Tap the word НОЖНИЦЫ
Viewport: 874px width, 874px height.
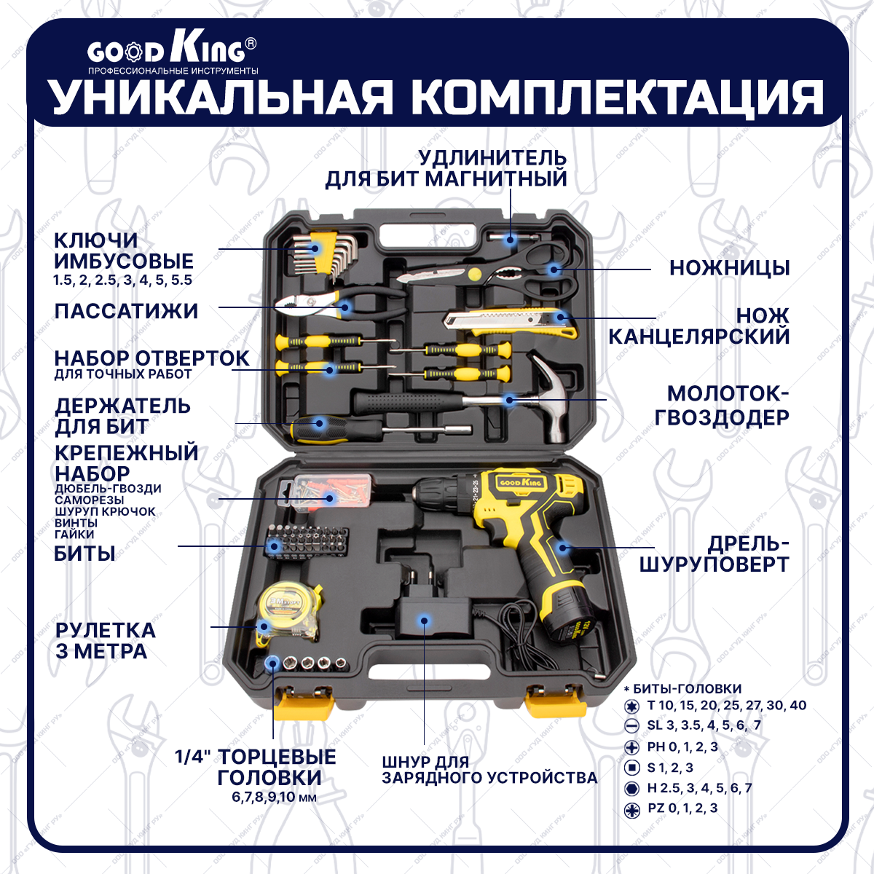[x=729, y=268]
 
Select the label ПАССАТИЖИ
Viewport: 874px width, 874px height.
[x=126, y=311]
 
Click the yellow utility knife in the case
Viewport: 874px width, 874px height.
[x=510, y=323]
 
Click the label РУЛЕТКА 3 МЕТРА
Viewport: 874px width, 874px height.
[x=106, y=640]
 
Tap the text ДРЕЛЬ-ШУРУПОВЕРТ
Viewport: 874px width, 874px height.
[x=714, y=554]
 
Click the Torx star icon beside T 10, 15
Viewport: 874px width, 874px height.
[x=632, y=706]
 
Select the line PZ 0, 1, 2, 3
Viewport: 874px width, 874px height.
[x=682, y=808]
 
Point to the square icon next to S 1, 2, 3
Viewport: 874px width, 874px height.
[x=632, y=768]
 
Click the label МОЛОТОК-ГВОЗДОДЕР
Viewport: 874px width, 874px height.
[x=721, y=405]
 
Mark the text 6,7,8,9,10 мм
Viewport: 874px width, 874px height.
[x=275, y=798]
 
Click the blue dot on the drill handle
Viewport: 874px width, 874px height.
[x=562, y=548]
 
